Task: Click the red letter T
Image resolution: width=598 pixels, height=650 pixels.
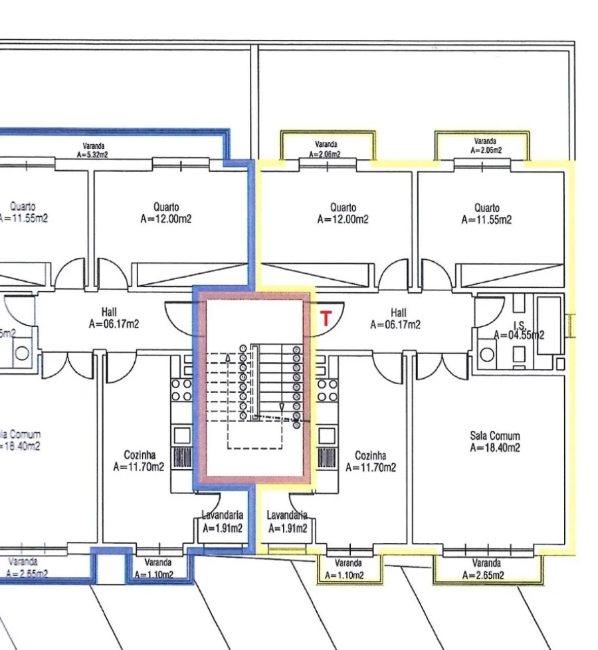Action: click(326, 318)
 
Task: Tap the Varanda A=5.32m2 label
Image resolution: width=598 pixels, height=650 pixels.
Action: click(93, 150)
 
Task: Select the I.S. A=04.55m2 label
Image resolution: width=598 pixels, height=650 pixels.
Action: click(519, 331)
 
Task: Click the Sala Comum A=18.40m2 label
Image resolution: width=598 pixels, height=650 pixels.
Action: click(494, 442)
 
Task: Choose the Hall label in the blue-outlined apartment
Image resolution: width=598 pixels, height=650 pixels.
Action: click(114, 318)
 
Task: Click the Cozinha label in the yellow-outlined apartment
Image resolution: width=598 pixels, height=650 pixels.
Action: click(371, 462)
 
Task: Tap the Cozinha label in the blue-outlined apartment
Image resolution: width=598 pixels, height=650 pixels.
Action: click(139, 462)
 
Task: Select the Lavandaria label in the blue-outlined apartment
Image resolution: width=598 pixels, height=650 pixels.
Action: click(223, 522)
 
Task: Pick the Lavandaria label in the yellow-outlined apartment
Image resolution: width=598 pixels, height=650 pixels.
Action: click(288, 522)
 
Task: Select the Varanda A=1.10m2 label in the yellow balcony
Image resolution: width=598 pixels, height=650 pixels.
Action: click(348, 569)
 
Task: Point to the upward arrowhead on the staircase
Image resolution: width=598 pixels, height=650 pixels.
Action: click(229, 357)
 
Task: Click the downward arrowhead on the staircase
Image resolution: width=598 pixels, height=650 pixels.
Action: click(281, 406)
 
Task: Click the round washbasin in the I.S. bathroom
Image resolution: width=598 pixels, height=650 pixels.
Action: click(487, 354)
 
